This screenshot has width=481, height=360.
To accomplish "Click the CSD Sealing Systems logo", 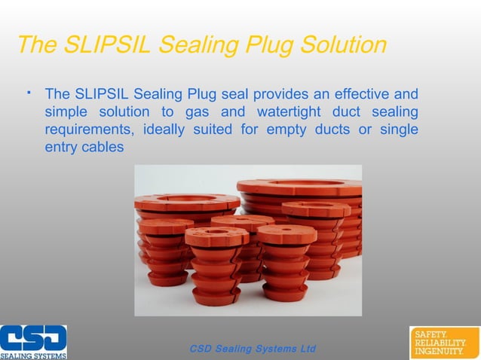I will (x=33, y=342).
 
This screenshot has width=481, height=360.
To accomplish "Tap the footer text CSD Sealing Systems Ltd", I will (x=253, y=349).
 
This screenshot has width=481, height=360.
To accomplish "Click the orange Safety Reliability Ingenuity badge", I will (x=443, y=342).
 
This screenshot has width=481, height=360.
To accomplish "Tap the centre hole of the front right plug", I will (x=287, y=228).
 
